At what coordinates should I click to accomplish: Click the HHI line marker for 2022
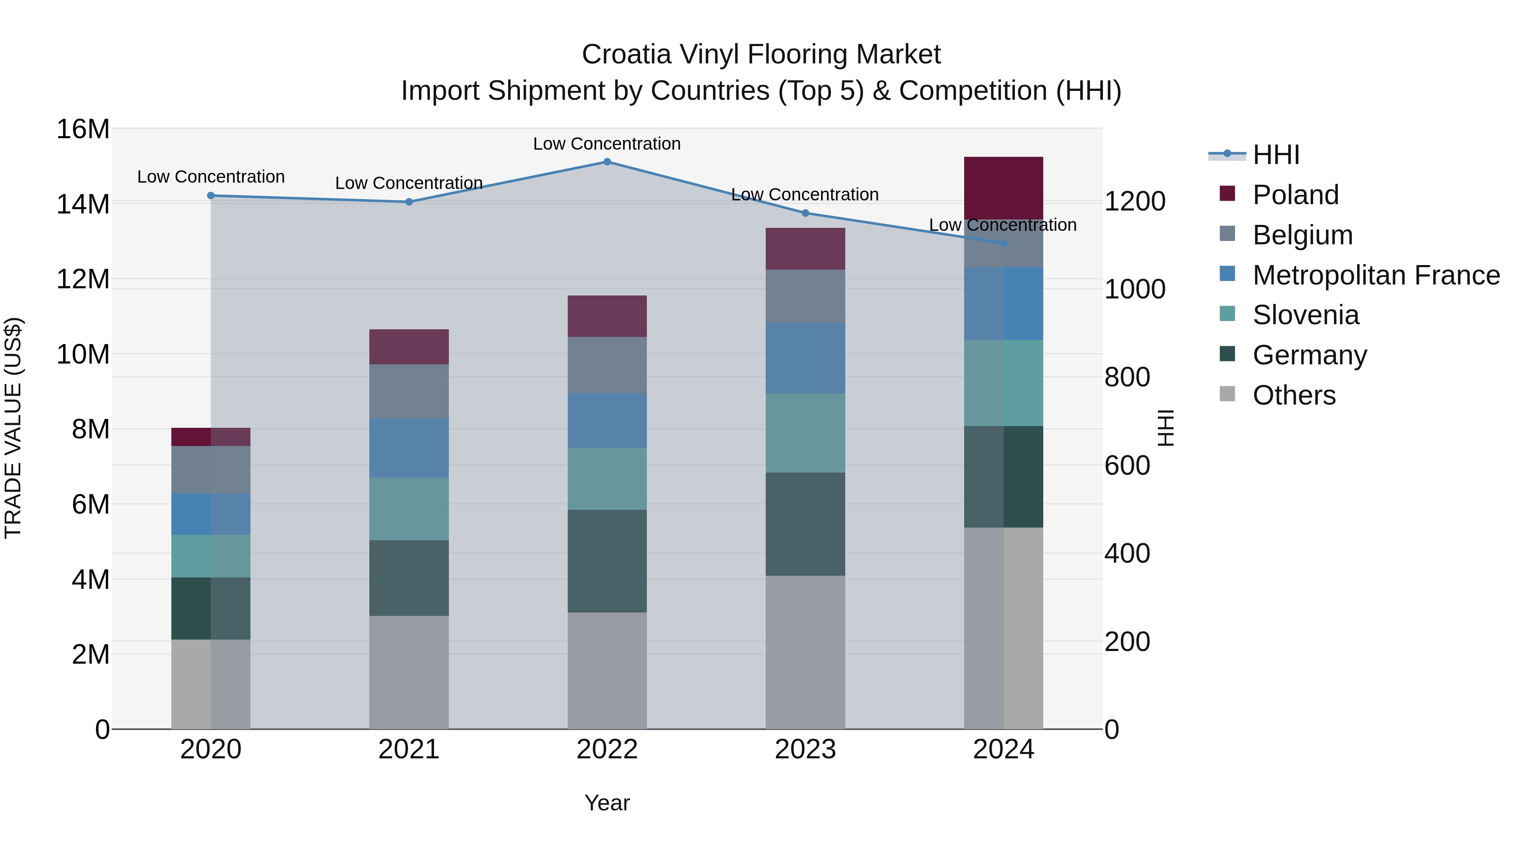click(x=607, y=161)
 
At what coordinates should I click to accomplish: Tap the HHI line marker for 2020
click(x=211, y=196)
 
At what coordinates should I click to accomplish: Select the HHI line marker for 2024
click(x=1003, y=243)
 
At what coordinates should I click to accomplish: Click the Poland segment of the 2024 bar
click(x=1003, y=188)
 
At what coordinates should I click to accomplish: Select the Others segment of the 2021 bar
click(x=409, y=672)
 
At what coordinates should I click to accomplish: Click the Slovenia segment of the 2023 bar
click(x=805, y=432)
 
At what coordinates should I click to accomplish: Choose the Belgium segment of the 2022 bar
click(x=607, y=365)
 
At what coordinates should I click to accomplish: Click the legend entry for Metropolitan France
click(x=1375, y=275)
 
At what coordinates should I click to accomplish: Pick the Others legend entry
click(x=1294, y=395)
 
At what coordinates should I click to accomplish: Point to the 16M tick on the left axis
click(x=83, y=129)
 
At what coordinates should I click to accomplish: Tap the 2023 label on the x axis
click(x=805, y=749)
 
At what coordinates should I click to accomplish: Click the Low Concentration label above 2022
click(x=607, y=144)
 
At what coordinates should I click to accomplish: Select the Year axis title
click(x=607, y=802)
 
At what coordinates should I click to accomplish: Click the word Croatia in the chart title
click(x=626, y=55)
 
